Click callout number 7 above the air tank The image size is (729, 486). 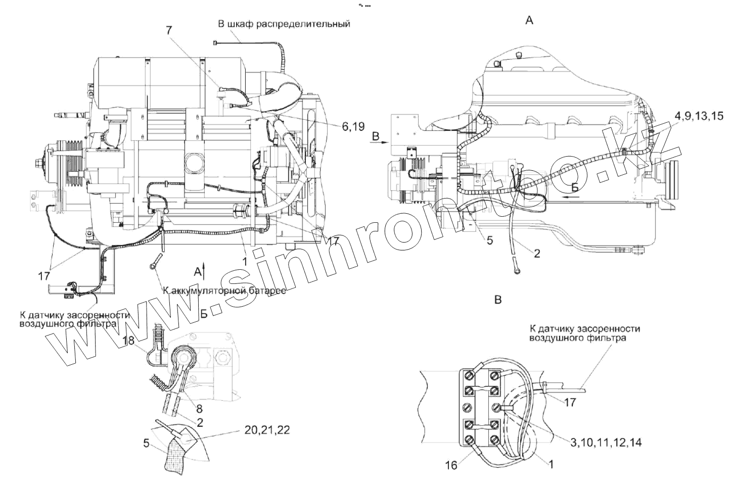[x=169, y=30]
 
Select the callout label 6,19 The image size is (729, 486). [x=353, y=127]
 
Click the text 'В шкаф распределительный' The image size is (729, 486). [x=284, y=24]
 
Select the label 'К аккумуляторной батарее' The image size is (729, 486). [x=224, y=291]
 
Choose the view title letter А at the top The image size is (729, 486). [x=529, y=20]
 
